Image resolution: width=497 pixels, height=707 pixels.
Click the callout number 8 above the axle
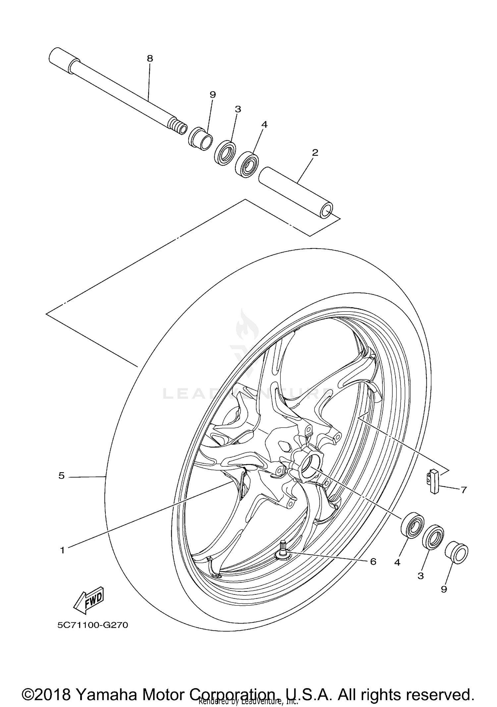150,59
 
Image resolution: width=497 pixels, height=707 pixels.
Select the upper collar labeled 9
200,138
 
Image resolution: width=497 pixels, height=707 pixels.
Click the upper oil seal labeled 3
225,153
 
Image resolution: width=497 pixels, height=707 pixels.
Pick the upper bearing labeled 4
247,165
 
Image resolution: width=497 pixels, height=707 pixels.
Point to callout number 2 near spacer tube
315,153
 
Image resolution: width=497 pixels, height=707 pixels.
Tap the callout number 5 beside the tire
61,476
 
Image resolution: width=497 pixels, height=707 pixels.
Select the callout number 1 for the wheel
62,550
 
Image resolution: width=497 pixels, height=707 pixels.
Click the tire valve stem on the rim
284,552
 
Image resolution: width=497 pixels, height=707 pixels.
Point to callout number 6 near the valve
373,562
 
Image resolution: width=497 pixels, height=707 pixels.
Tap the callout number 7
464,489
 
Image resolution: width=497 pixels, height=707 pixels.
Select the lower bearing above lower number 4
412,525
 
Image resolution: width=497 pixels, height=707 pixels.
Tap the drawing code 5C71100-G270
92,625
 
